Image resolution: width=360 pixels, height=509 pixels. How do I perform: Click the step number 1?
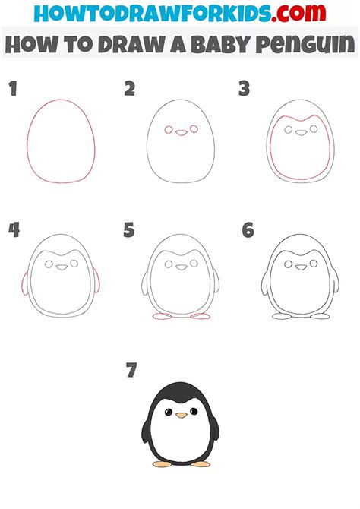coord(13,89)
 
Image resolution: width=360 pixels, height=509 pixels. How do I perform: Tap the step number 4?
coord(14,230)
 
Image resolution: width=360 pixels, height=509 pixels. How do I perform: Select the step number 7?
coord(131,370)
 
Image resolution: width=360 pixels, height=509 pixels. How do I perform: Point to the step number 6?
coord(248,230)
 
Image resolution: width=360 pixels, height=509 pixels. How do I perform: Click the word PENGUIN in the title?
coord(305,44)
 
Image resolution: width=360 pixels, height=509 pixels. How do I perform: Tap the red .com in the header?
coord(298,13)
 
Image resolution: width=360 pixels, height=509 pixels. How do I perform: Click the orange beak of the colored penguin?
coord(182,415)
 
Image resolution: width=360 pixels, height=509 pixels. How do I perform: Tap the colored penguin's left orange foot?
coord(162,464)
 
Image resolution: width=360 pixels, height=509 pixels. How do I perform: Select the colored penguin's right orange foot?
coord(201,464)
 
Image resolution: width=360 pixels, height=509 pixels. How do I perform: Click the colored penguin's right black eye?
coord(194,411)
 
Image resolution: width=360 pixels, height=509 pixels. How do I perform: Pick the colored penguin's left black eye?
coord(168,413)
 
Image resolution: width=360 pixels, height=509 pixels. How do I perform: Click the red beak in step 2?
coord(181,132)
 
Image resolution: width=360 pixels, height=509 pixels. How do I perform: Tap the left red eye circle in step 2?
coord(169,130)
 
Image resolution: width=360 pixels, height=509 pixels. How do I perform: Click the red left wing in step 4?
coord(25,283)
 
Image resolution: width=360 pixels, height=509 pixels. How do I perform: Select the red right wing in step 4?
coord(96,280)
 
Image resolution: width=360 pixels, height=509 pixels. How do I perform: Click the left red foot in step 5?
coord(162,316)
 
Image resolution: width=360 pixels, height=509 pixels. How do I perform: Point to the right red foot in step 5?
coord(201,316)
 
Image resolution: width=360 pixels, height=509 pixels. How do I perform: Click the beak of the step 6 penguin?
coord(301,267)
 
